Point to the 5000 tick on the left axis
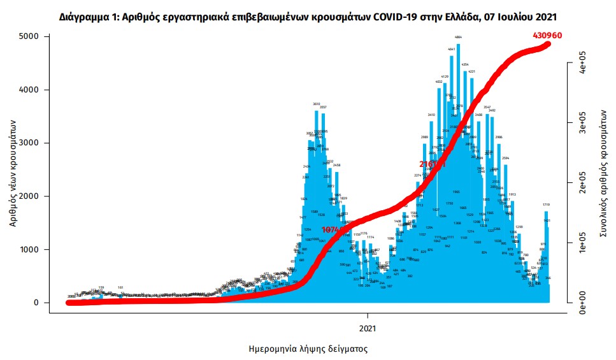point(31,37)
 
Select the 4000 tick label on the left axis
point(31,90)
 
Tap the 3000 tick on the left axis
point(31,143)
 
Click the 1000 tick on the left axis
point(31,250)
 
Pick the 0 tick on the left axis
point(38,303)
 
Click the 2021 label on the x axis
point(368,329)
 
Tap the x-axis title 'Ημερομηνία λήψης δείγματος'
point(308,349)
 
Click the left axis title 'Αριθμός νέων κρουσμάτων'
point(13,171)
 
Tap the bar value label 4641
point(452,49)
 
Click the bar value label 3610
point(316,104)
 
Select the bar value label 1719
point(547,205)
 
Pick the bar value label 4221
point(472,72)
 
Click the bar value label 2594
point(506,158)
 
